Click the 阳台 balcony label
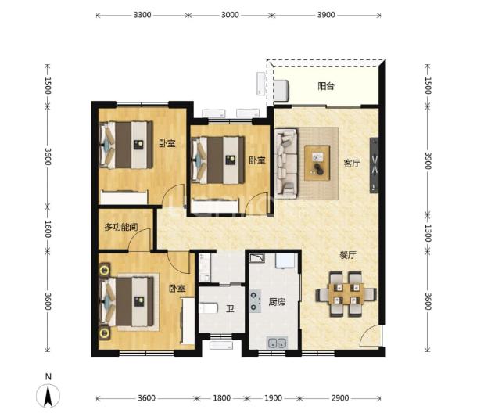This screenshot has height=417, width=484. click(x=326, y=86)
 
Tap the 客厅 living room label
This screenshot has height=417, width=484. click(x=352, y=164)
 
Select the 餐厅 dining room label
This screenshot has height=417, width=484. click(x=348, y=255)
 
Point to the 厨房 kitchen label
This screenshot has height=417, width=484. click(x=277, y=302)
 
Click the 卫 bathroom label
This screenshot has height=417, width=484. click(x=230, y=308)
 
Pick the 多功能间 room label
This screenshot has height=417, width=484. click(x=121, y=228)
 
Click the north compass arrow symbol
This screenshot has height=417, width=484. click(x=48, y=396)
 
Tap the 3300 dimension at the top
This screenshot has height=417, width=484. click(x=142, y=15)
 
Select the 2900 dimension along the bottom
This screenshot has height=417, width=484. click(x=340, y=398)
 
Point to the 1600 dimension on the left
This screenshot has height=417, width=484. click(x=48, y=229)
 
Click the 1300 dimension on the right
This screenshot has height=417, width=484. click(x=428, y=233)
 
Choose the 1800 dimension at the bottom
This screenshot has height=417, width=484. click(x=221, y=398)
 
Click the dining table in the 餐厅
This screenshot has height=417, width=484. click(x=346, y=293)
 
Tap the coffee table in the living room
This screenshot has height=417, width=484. click(x=317, y=163)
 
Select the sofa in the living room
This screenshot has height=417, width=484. click(x=286, y=163)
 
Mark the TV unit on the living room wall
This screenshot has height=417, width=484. click(x=374, y=165)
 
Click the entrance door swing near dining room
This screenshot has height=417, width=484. click(x=371, y=336)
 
